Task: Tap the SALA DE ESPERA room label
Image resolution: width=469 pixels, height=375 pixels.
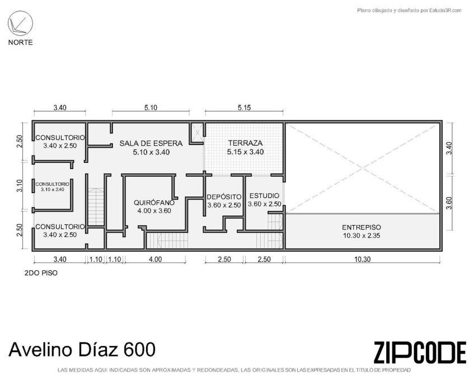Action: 151,143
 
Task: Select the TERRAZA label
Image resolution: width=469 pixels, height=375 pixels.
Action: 245,143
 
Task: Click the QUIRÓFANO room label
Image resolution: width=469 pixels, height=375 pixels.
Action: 154,203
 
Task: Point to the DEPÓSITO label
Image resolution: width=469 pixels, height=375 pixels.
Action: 224,197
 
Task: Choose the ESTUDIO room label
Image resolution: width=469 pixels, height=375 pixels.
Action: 264,196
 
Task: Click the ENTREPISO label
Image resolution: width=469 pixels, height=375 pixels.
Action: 362,227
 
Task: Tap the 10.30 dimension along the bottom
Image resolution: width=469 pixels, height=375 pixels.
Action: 362,259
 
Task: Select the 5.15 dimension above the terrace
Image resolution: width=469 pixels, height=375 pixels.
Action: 244,107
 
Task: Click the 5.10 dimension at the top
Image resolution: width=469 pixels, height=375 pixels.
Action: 151,107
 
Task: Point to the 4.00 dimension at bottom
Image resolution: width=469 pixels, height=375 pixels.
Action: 155,259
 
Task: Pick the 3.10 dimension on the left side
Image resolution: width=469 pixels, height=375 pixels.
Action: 20,186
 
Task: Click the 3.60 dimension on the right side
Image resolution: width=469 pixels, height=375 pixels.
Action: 449,203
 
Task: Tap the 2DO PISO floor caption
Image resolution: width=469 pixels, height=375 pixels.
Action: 41,273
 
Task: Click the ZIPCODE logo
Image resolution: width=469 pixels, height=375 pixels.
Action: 420,352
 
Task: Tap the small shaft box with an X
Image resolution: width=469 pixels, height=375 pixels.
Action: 198,132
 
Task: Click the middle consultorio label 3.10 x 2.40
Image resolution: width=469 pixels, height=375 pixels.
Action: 53,190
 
